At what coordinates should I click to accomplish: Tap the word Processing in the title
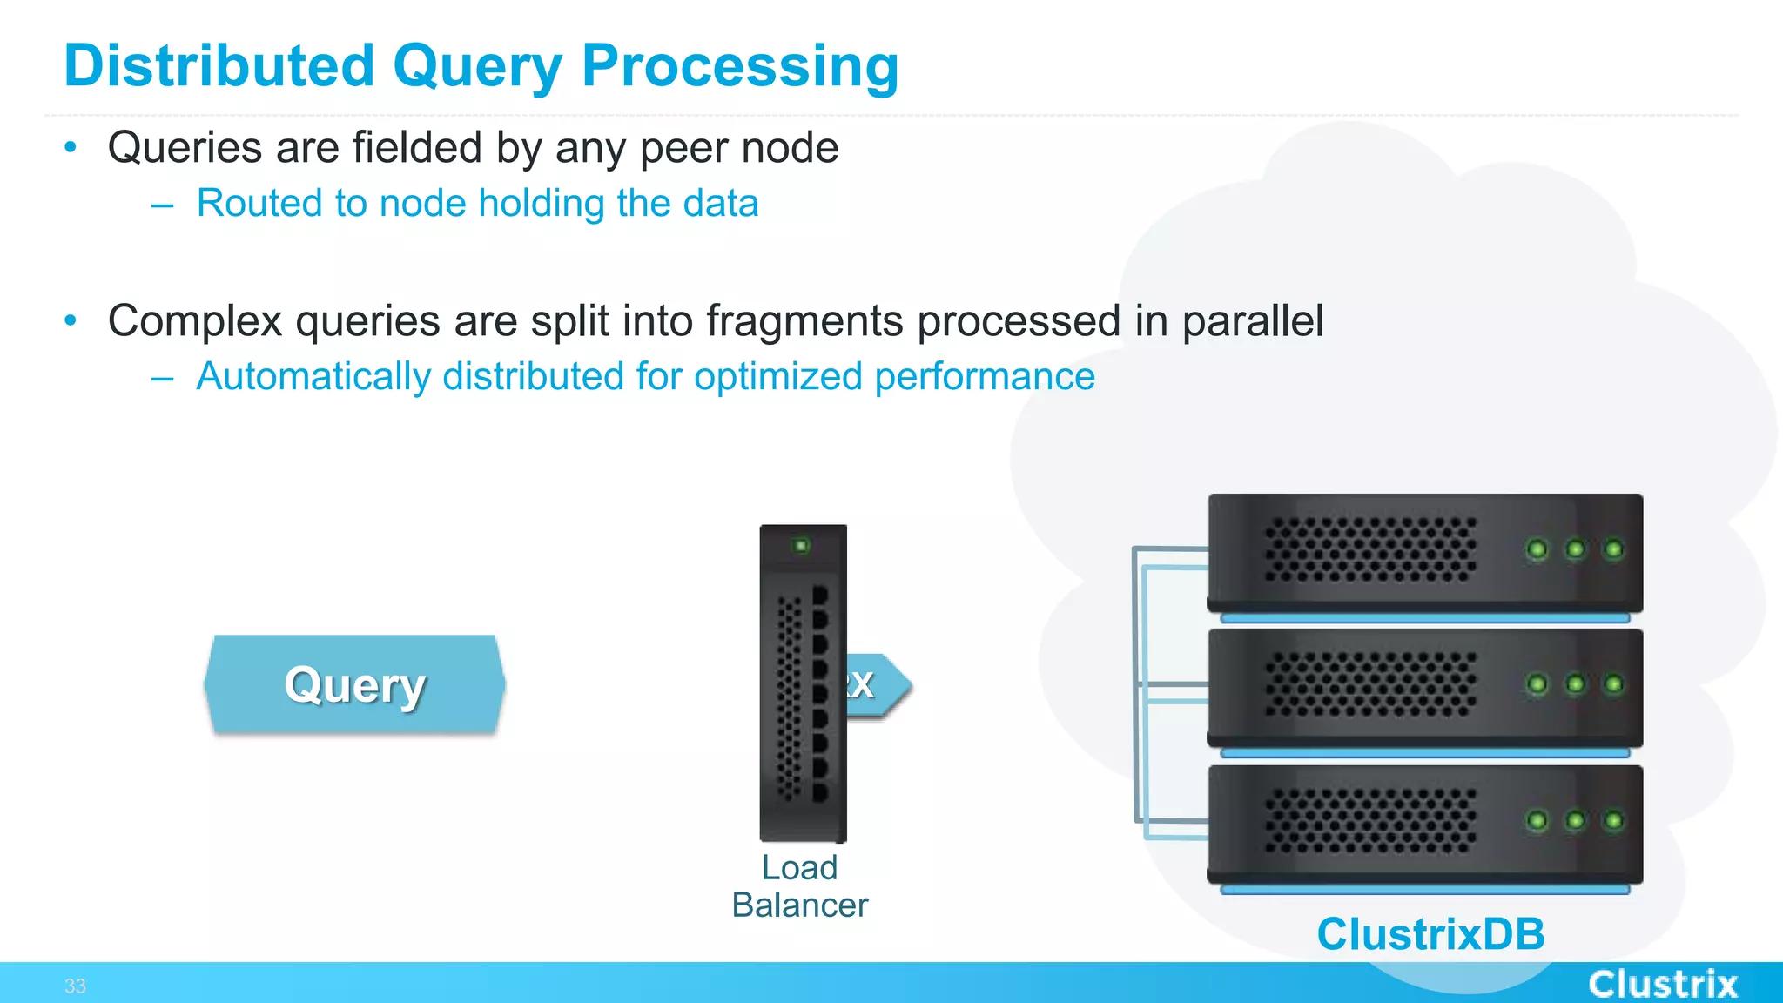tap(739, 66)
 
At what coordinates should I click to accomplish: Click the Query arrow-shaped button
tap(355, 685)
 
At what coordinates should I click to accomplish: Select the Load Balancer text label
tap(799, 886)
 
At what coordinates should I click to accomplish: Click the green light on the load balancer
tap(801, 546)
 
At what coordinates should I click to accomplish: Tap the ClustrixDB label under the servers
tap(1430, 934)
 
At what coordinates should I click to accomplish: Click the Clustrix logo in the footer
tap(1662, 984)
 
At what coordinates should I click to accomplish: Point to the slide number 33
tap(75, 986)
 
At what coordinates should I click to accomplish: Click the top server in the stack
tap(1424, 553)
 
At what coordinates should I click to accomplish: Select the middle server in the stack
tap(1424, 688)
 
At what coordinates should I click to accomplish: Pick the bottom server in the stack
tap(1424, 824)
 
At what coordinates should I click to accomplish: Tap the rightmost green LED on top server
tap(1613, 549)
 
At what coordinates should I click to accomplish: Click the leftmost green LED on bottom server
tap(1537, 821)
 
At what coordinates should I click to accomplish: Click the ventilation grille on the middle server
tap(1370, 684)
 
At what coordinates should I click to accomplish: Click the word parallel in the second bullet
tap(1252, 320)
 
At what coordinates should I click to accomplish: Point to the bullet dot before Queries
tap(71, 147)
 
